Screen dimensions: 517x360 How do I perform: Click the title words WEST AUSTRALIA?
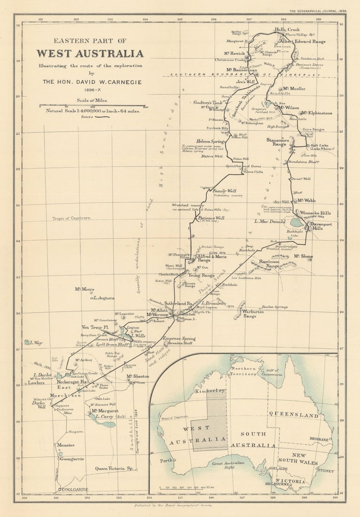[x=90, y=53]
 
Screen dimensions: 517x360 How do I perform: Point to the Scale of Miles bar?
[x=92, y=106]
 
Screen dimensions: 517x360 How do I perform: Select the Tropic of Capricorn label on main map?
[x=71, y=218]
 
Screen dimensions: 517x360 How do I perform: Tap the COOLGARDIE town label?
[x=73, y=489]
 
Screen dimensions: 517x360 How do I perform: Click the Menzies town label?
[x=66, y=445]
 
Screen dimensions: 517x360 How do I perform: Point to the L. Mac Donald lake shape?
[x=297, y=222]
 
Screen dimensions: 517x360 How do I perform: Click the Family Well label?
[x=224, y=191]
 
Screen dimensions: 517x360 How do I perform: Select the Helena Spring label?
[x=210, y=141]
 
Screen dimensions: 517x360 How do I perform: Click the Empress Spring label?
[x=179, y=338]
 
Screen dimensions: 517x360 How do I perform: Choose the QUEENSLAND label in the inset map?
[x=293, y=415]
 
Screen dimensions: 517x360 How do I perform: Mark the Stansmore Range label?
[x=277, y=142]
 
